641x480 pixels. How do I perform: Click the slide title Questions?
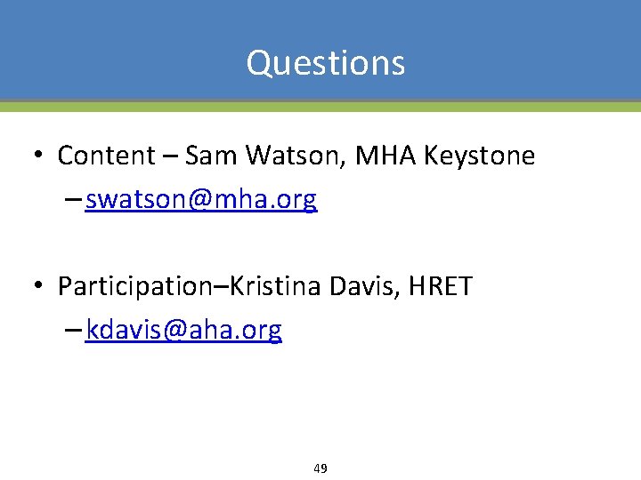click(326, 63)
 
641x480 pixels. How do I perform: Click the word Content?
click(106, 156)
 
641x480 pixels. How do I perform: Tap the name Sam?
click(213, 156)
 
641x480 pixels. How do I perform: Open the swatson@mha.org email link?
click(201, 200)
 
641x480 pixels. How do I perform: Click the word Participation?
click(139, 287)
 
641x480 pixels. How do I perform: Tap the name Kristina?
click(277, 286)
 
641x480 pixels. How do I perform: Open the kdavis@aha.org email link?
click(184, 331)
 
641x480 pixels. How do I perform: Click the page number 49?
click(320, 468)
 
